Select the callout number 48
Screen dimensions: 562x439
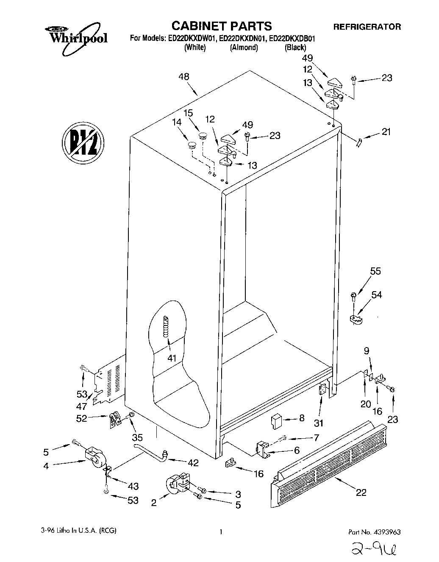(x=184, y=77)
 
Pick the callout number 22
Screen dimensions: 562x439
(x=361, y=492)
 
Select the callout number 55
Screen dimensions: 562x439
(x=375, y=271)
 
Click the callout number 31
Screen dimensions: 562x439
(x=318, y=423)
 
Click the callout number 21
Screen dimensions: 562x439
(x=386, y=132)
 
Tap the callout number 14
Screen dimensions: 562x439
(x=178, y=122)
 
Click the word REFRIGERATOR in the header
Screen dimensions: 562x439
(x=367, y=27)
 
